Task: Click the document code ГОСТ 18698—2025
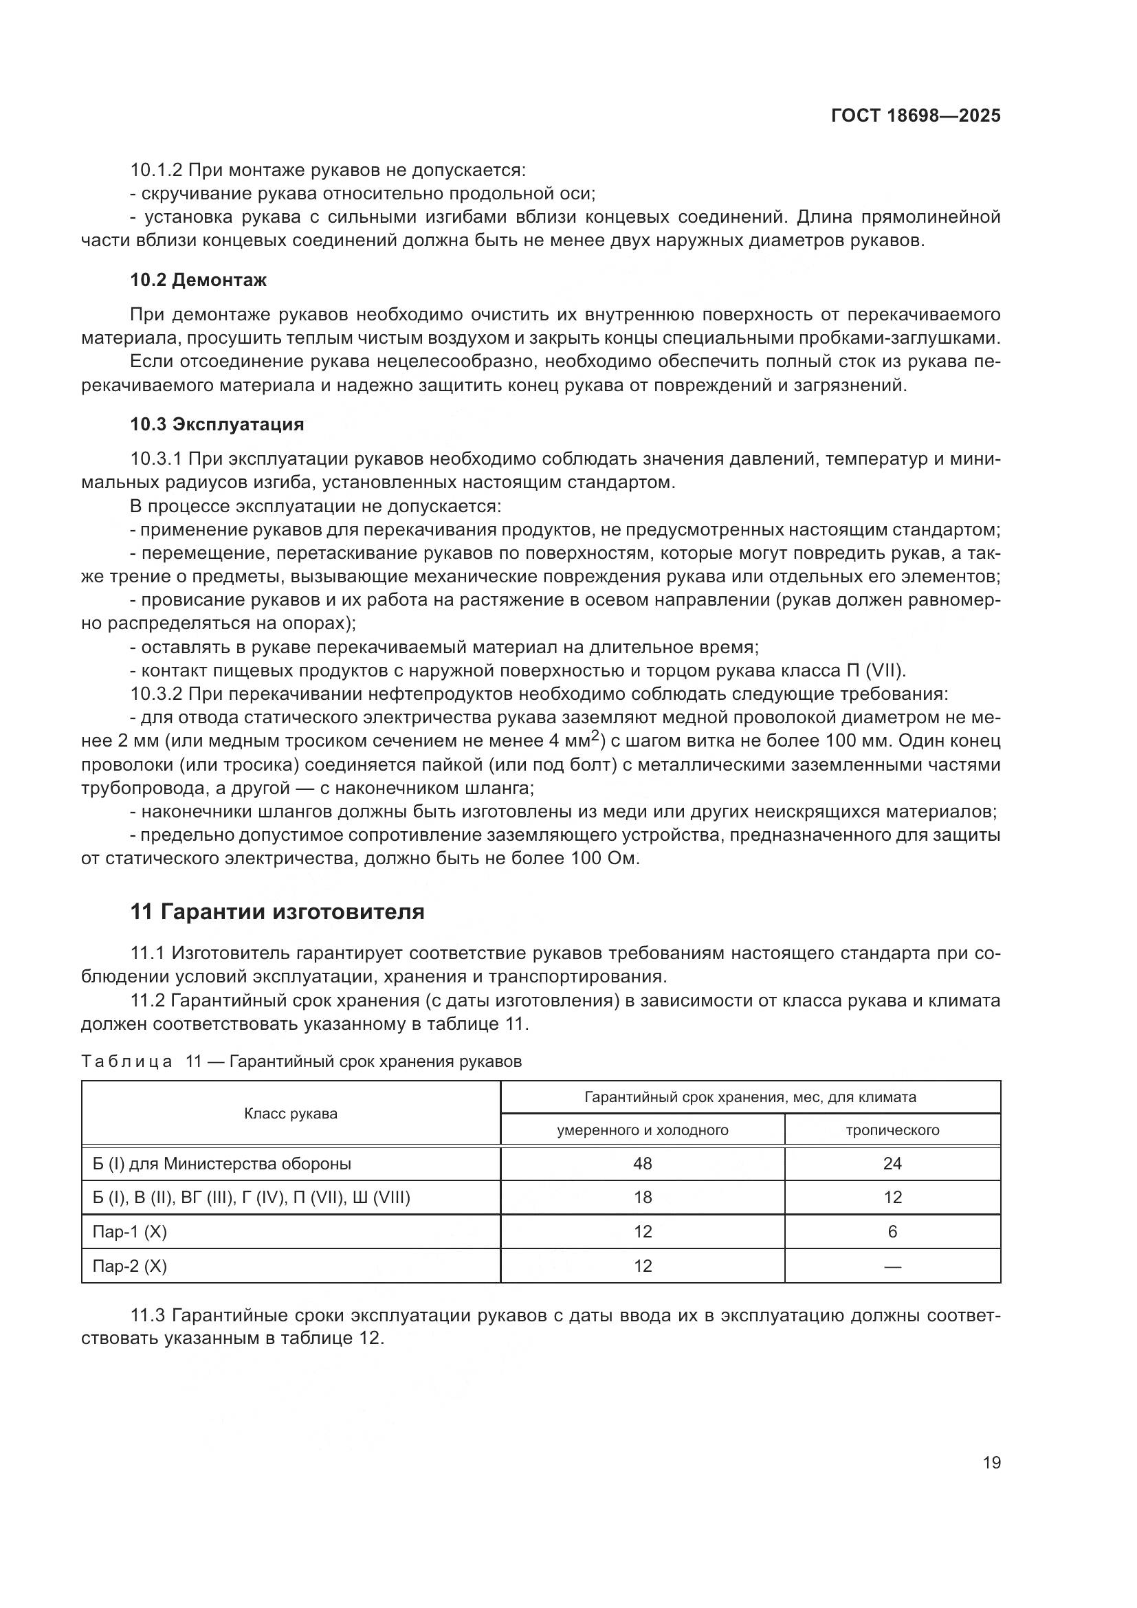(x=915, y=116)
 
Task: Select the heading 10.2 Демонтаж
(x=198, y=280)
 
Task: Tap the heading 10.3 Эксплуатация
(x=217, y=424)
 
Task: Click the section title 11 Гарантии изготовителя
(x=277, y=912)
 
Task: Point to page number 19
(x=991, y=1462)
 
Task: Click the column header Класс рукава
(x=291, y=1114)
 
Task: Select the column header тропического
(x=892, y=1130)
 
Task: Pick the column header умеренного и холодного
(x=642, y=1130)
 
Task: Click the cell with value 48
(x=642, y=1163)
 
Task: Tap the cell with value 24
(x=892, y=1163)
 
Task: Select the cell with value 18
(x=642, y=1197)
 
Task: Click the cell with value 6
(x=892, y=1231)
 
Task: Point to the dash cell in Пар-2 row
(x=892, y=1266)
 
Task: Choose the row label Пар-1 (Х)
(x=129, y=1231)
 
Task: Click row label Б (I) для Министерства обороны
(x=221, y=1163)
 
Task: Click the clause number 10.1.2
(x=157, y=170)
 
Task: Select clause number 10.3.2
(x=157, y=694)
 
